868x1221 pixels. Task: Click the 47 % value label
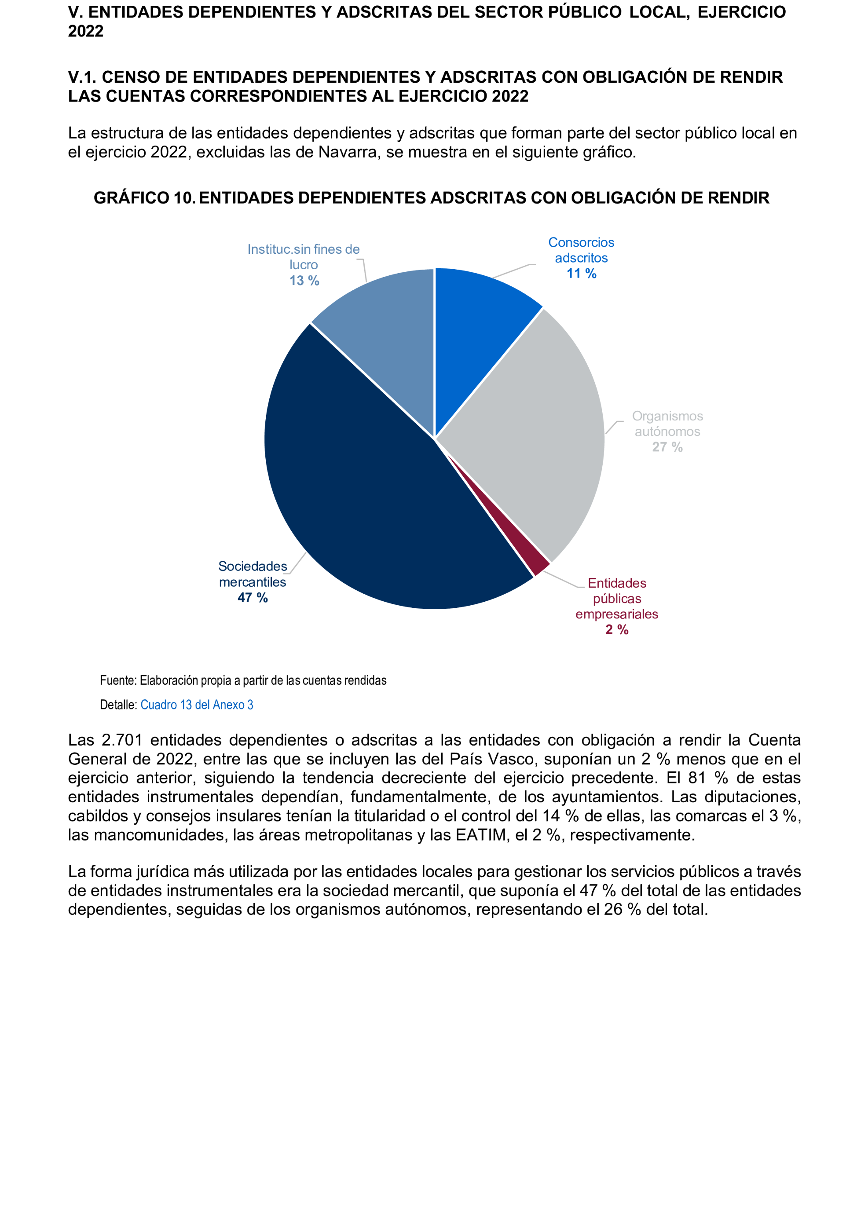click(252, 597)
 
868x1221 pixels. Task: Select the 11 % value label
click(581, 274)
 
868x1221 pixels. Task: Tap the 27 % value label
click(667, 447)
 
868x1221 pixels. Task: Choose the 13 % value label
click(304, 281)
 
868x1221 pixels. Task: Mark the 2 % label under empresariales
click(617, 629)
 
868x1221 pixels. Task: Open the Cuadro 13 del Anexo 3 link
click(197, 705)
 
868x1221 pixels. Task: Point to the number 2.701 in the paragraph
click(122, 740)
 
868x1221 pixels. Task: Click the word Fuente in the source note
click(118, 681)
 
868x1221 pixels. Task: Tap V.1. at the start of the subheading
click(82, 77)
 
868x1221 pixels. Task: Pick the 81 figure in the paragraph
click(697, 778)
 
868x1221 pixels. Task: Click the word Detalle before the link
click(117, 705)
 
